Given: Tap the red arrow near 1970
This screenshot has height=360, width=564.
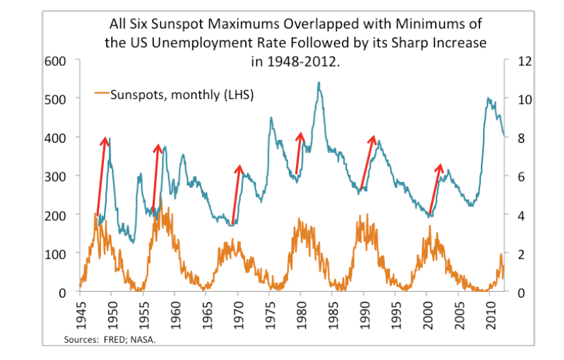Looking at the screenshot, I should (236, 194).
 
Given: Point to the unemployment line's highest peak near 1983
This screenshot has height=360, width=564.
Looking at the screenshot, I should (318, 83).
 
